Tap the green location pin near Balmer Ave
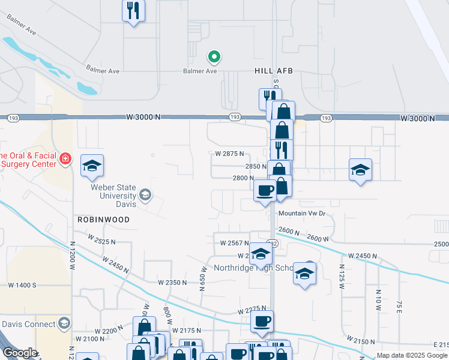(x=214, y=57)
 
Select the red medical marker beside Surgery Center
(x=65, y=160)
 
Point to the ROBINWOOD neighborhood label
(x=103, y=220)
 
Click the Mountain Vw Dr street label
(x=301, y=213)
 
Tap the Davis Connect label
(x=28, y=324)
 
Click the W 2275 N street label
(x=256, y=311)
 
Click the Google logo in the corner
(x=20, y=353)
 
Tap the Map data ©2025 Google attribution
(x=411, y=355)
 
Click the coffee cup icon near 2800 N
(x=265, y=191)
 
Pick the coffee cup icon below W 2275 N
(x=262, y=322)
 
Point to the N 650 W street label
(x=202, y=280)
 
